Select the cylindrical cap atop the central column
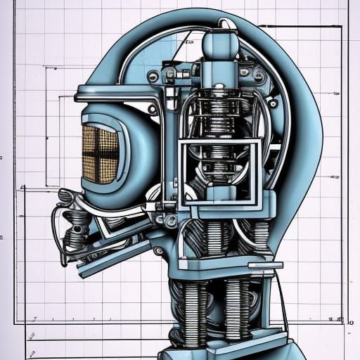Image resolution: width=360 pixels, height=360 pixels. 220,44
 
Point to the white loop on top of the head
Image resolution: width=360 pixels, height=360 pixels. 226,24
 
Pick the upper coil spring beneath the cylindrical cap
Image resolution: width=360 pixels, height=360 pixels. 219,112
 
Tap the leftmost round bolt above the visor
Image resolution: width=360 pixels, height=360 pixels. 153,76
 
